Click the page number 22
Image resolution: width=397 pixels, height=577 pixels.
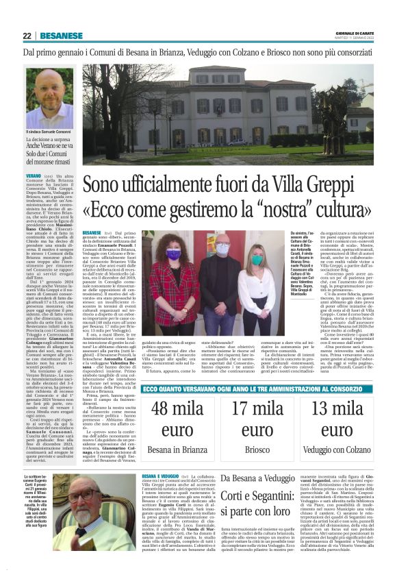27,36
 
